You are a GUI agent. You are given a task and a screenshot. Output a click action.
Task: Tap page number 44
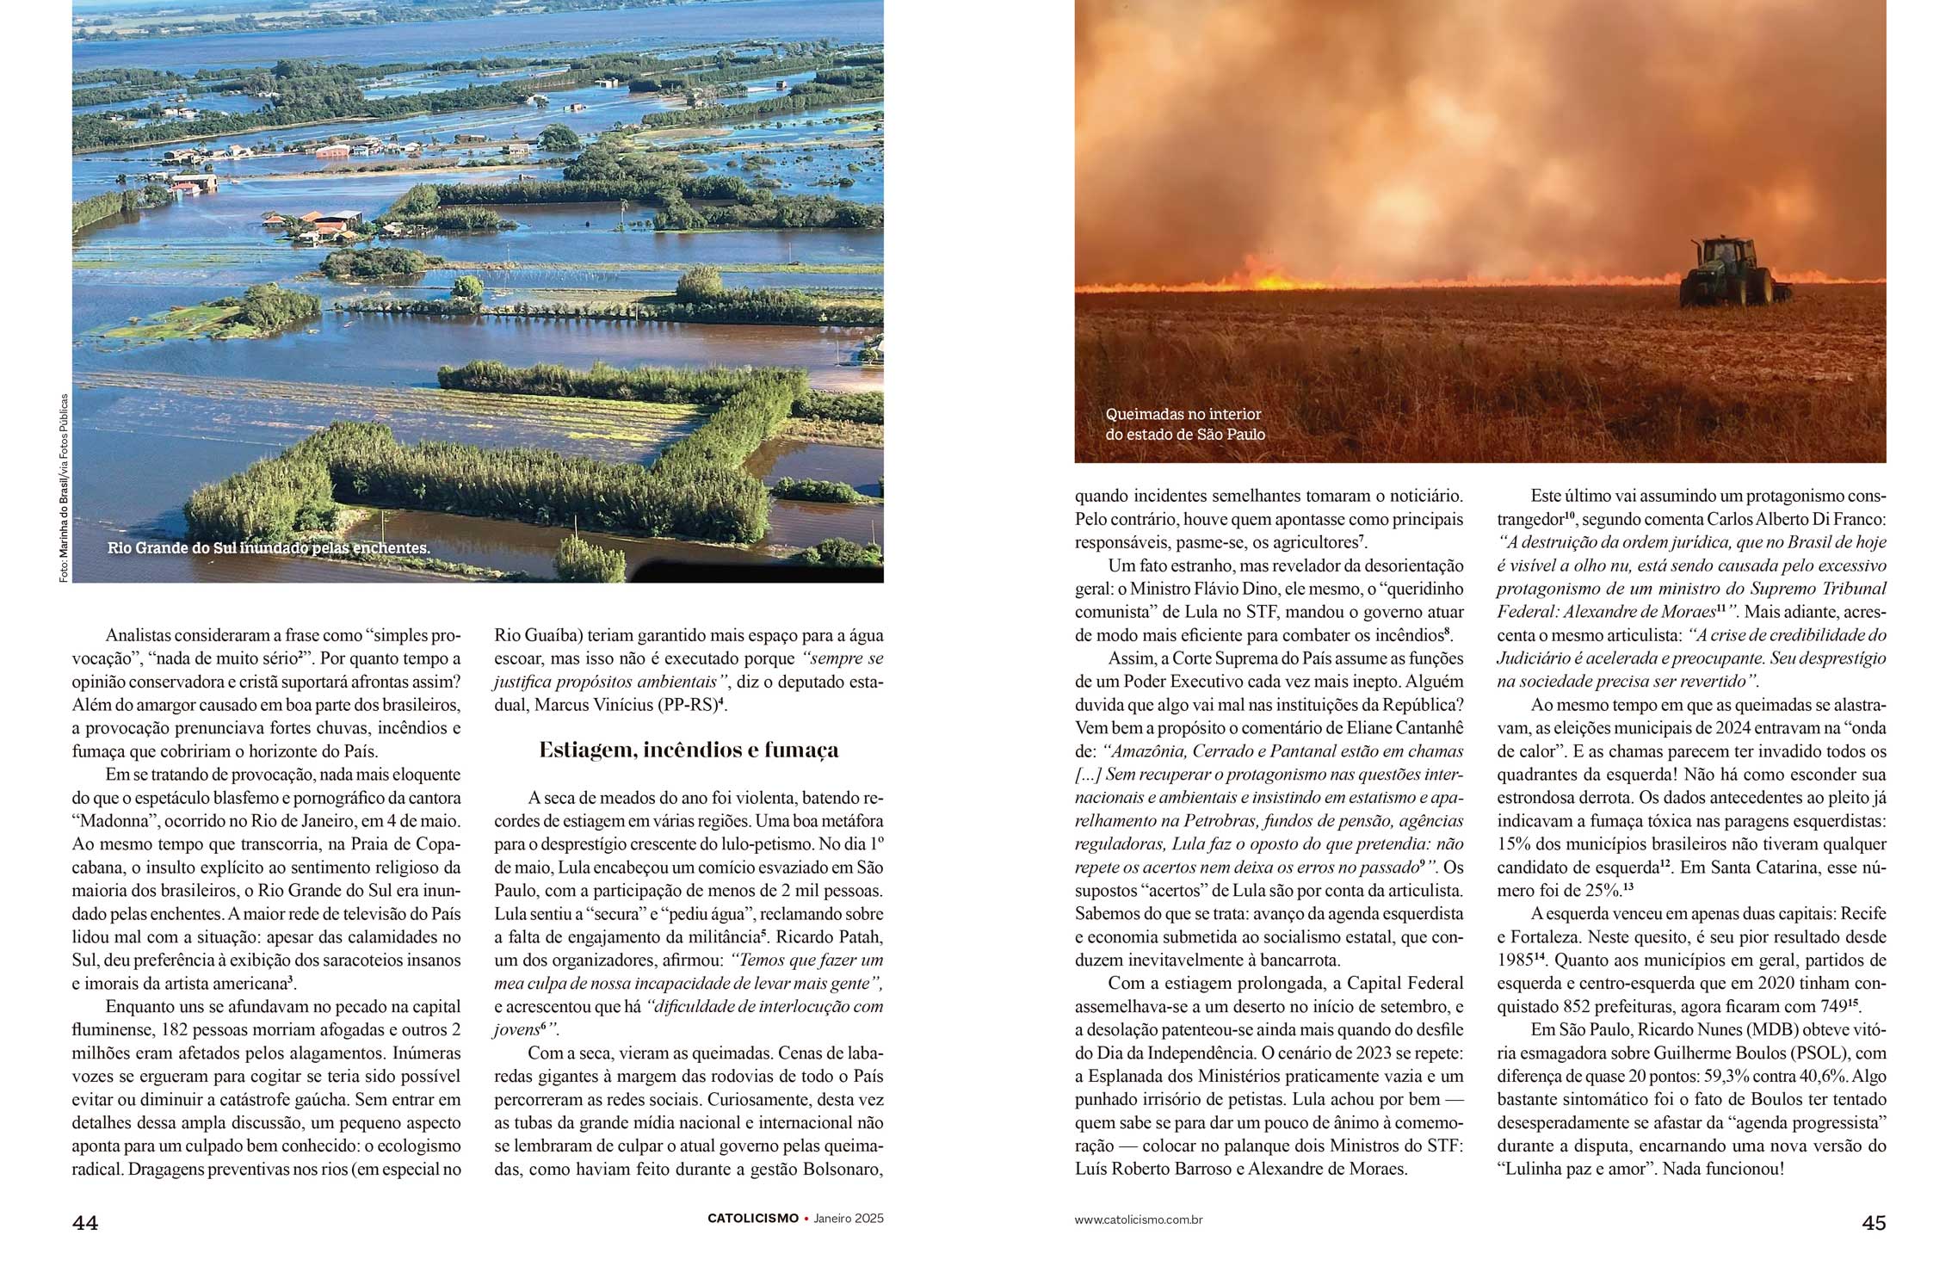pos(85,1222)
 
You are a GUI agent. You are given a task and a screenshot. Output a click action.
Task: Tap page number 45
pos(1874,1222)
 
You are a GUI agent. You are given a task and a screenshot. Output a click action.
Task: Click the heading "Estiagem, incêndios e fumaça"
pos(689,750)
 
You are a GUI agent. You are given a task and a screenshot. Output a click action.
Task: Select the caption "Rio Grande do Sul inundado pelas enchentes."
pos(269,548)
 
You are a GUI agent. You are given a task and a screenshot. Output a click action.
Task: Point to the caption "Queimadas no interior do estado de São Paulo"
pos(1185,424)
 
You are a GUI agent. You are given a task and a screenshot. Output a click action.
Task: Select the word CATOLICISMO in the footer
pos(752,1219)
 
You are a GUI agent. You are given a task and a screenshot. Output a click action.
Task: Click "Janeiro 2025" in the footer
pos(849,1219)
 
